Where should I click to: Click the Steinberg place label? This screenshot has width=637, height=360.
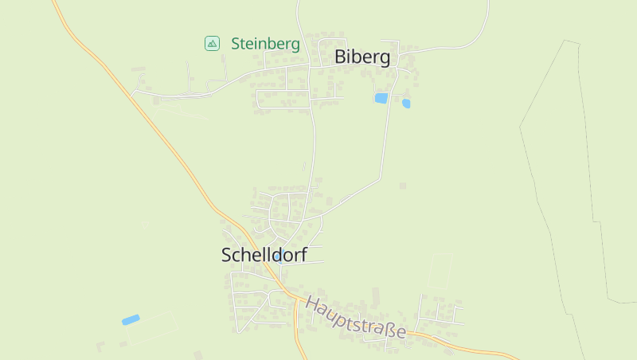[x=265, y=44]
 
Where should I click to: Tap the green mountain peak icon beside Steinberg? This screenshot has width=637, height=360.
[x=212, y=44]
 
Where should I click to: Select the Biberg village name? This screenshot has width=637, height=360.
[x=362, y=57]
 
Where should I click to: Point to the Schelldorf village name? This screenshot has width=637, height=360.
[x=264, y=255]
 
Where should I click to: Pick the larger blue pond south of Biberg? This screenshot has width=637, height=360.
[x=381, y=98]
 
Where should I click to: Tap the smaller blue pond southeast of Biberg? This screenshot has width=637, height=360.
[x=406, y=104]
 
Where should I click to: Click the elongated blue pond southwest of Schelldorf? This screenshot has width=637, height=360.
[x=131, y=319]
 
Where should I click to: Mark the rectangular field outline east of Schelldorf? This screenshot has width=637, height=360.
[x=440, y=271]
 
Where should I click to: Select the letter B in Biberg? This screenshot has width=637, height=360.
[x=341, y=57]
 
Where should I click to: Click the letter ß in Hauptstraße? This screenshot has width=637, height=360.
[x=389, y=327]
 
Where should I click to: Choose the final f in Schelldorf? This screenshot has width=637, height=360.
[x=303, y=255]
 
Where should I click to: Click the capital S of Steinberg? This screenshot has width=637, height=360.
[x=236, y=44]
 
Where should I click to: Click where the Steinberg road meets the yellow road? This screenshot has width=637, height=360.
[x=131, y=96]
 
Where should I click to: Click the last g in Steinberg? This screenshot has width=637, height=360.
[x=295, y=45]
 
